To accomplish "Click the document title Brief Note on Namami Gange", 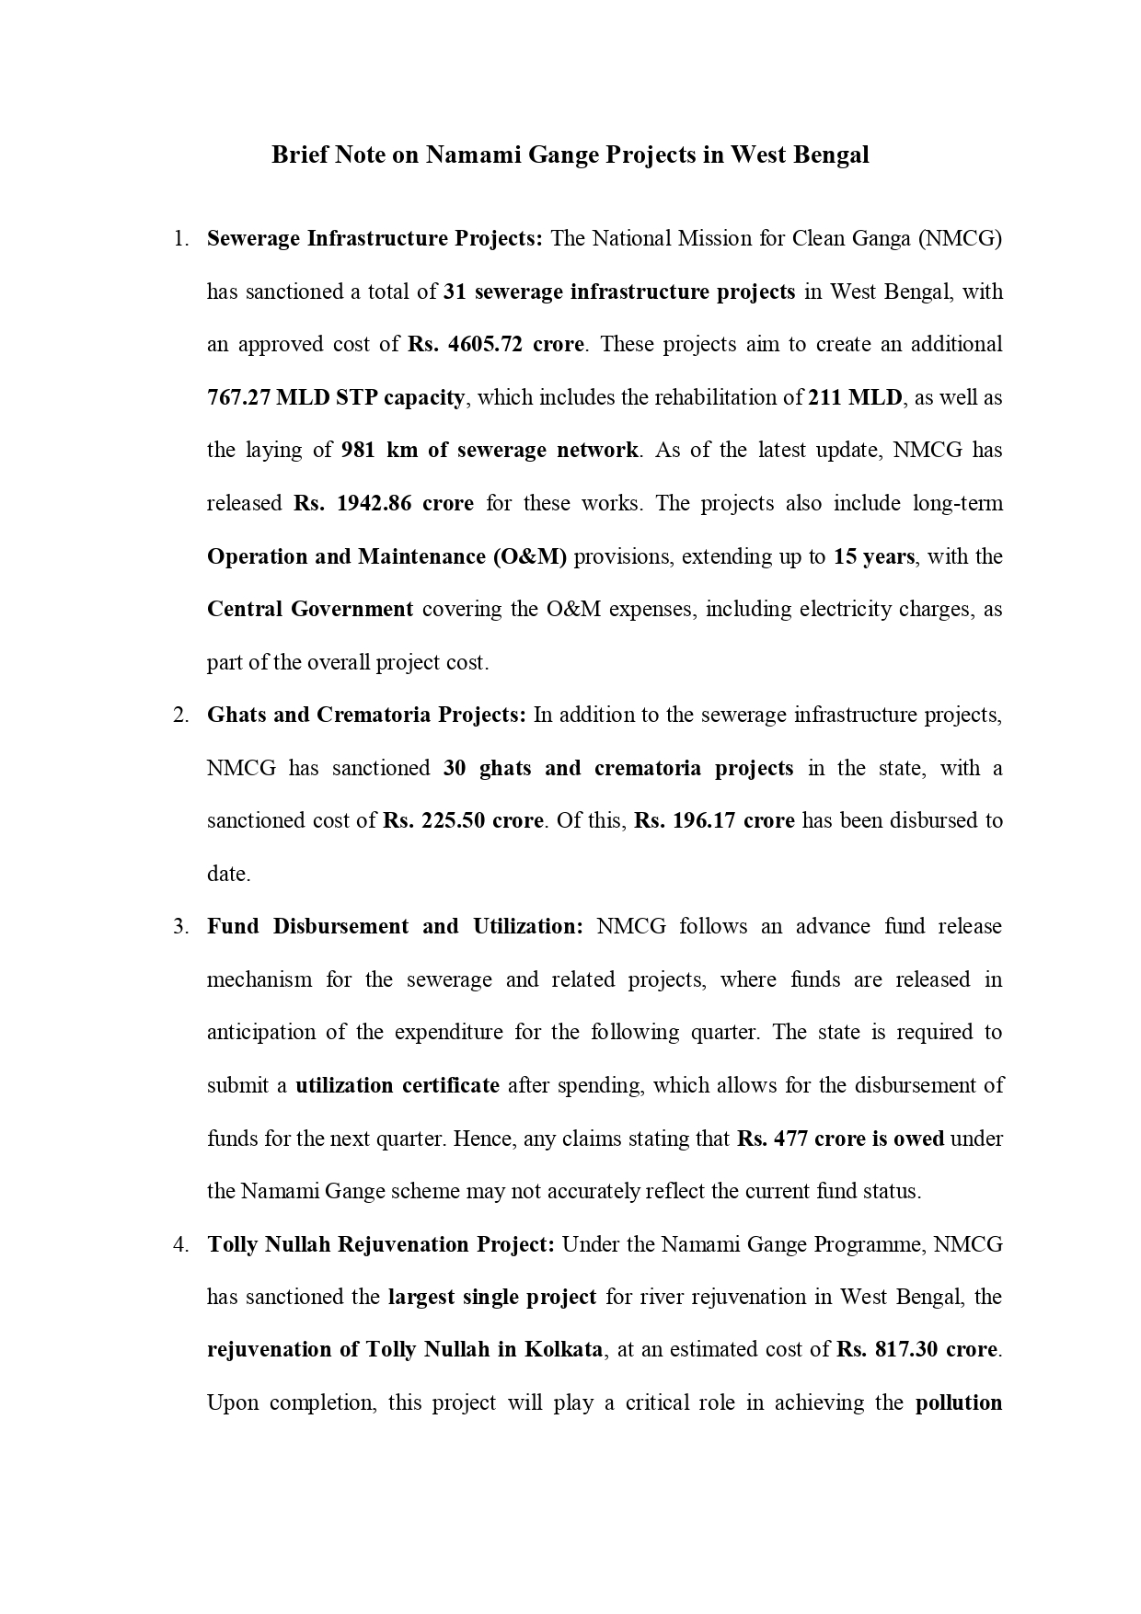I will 570,155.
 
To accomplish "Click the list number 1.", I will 179,239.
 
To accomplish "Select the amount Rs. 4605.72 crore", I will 496,345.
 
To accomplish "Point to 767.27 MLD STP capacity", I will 336,398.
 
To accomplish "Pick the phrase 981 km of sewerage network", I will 490,451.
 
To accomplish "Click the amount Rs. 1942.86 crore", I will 384,504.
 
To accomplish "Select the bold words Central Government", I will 310,610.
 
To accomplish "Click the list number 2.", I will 179,715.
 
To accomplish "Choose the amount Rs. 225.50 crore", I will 463,821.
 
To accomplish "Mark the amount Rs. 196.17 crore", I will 714,821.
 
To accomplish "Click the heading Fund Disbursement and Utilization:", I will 395,927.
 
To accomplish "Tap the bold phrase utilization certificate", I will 397,1086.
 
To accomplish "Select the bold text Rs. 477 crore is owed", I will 840,1139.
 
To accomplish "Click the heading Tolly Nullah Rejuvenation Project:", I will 380,1245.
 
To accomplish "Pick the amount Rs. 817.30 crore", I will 916,1351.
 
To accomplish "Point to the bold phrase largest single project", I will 492,1298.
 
